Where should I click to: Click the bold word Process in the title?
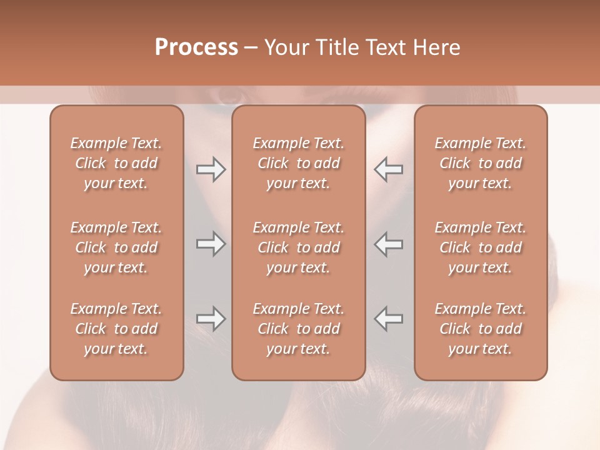[x=196, y=47]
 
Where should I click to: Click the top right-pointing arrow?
[x=211, y=169]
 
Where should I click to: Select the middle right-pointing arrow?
[x=211, y=244]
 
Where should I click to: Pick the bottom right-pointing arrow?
[x=211, y=319]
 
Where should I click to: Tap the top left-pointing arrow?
[x=389, y=169]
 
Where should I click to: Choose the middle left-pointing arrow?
[x=389, y=244]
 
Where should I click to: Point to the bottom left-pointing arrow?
[x=389, y=319]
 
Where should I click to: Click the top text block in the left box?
[x=116, y=163]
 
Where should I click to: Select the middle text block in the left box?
[x=116, y=247]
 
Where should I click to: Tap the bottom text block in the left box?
[x=116, y=329]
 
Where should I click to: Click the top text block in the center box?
[x=299, y=163]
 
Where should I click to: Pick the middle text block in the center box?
[x=299, y=247]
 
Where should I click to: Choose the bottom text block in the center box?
[x=299, y=329]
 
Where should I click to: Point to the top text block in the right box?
[x=481, y=163]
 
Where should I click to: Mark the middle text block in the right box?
[x=481, y=247]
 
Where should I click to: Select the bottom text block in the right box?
[x=481, y=329]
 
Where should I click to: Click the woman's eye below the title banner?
[x=231, y=97]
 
